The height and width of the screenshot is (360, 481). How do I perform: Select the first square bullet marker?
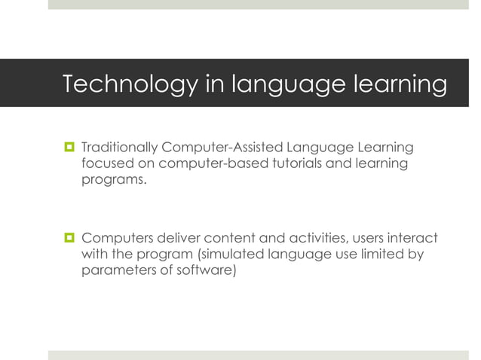click(67, 145)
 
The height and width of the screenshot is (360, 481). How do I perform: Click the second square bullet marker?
click(67, 239)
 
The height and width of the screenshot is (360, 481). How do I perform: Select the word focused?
click(105, 163)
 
